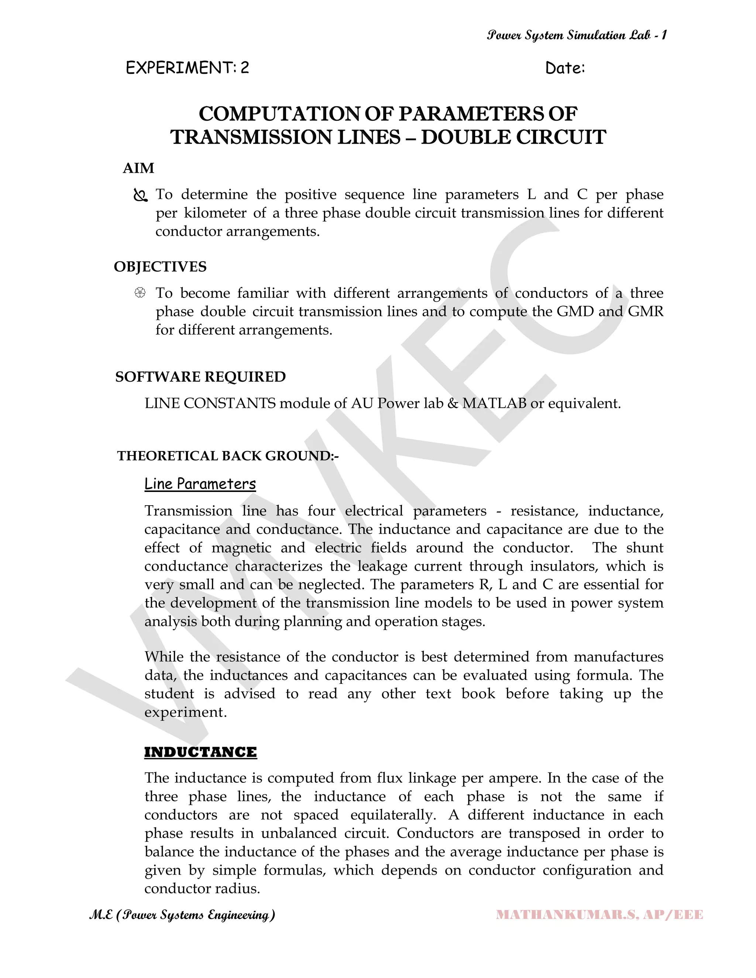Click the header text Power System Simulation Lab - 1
point(577,35)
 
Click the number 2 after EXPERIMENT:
point(244,68)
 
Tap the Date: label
point(565,68)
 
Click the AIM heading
point(138,168)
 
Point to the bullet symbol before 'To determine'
point(140,196)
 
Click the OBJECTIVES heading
point(160,266)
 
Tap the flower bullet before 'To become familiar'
point(140,293)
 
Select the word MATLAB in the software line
point(494,403)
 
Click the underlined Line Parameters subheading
point(200,484)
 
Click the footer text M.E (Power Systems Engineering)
point(182,915)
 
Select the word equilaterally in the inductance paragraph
point(393,815)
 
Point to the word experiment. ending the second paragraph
point(185,712)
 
